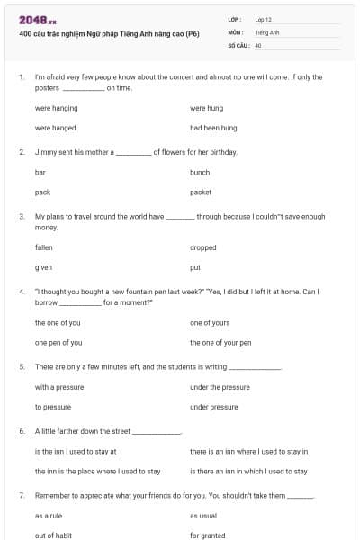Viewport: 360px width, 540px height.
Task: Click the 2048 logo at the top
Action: [37, 20]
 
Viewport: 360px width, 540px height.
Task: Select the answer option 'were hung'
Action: [206, 108]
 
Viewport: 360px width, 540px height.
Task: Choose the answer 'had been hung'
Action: [213, 128]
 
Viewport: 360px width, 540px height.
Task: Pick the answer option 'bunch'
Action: [200, 172]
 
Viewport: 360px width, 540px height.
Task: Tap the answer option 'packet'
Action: [201, 192]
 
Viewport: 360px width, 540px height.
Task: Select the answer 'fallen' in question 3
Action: [44, 247]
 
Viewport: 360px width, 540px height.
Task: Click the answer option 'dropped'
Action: [203, 247]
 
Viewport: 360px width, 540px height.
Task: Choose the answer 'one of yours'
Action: [210, 322]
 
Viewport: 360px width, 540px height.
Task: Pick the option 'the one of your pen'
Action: [220, 342]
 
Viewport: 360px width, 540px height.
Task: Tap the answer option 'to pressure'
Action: [53, 407]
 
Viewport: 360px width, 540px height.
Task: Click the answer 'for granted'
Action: [208, 535]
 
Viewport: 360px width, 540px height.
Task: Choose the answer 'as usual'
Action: [203, 516]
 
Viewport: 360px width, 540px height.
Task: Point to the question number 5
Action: [22, 367]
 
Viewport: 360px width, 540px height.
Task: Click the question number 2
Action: [22, 152]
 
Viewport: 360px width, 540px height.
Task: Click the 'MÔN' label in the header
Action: [236, 31]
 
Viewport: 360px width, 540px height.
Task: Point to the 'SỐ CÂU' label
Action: [238, 44]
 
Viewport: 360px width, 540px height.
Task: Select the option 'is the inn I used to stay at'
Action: [76, 451]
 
